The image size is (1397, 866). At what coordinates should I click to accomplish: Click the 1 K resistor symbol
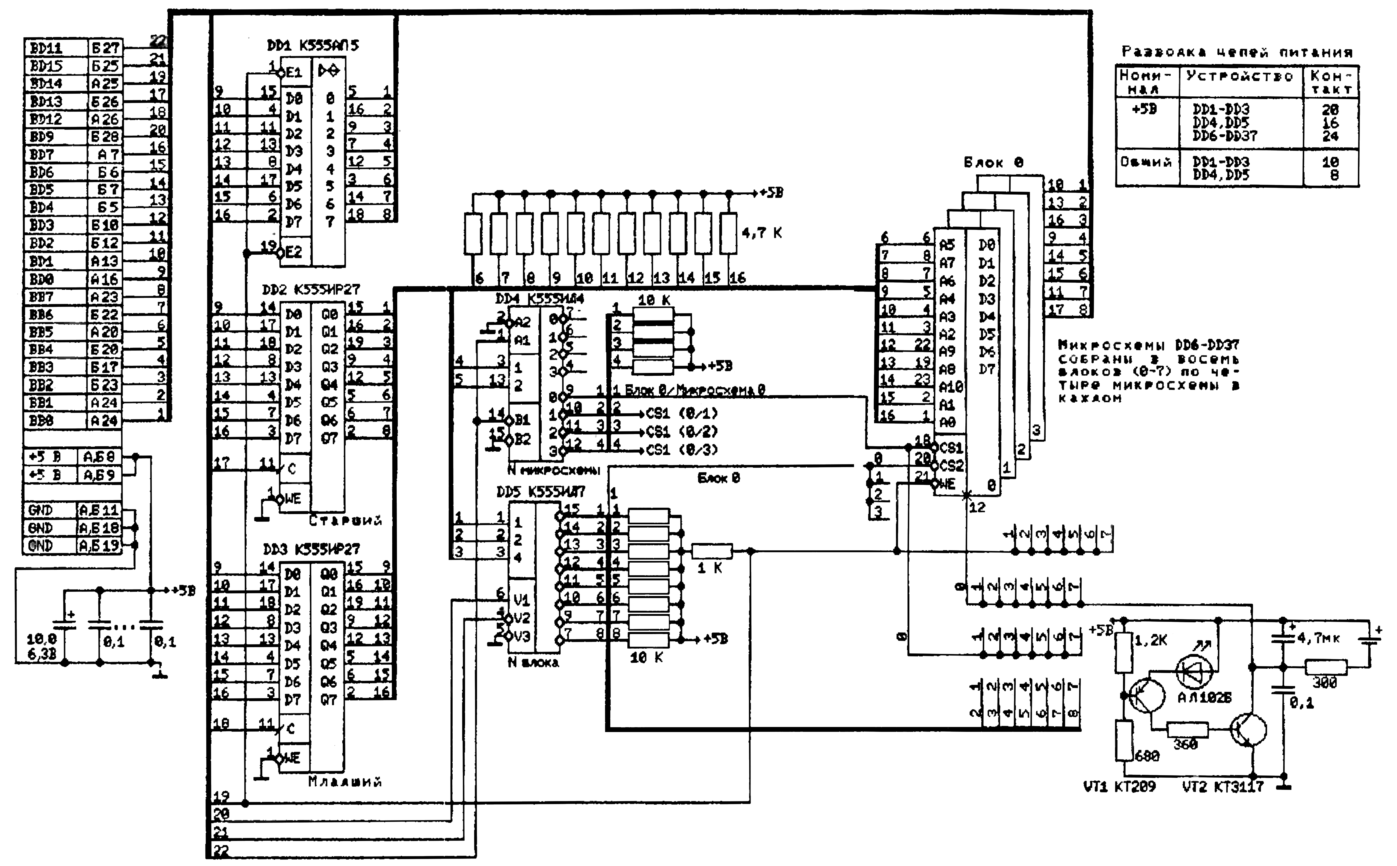712,552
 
